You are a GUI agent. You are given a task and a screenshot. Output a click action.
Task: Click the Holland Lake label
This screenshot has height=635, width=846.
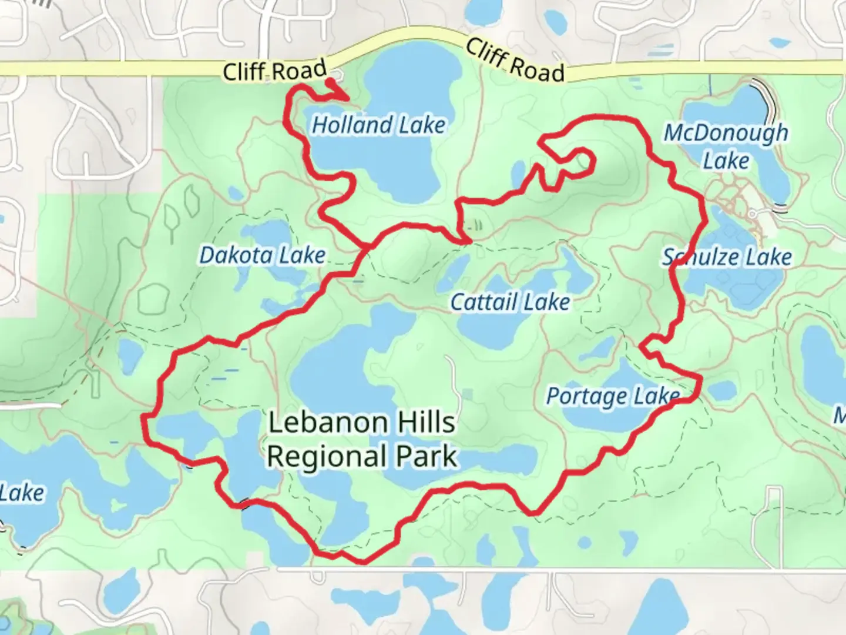378,125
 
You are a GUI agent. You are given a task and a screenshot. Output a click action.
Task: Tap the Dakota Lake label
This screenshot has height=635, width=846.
262,255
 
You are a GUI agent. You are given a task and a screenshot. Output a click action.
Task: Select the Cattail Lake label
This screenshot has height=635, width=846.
510,302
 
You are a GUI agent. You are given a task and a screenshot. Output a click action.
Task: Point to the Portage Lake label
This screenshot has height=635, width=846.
613,396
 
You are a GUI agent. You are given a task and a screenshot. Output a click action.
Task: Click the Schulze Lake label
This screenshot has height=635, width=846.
727,257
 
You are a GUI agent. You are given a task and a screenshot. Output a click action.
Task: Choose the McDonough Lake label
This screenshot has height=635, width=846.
726,146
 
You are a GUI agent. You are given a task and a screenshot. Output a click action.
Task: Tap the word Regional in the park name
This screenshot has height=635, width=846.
327,457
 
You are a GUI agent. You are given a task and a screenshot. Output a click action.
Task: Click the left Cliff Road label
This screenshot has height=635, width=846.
274,71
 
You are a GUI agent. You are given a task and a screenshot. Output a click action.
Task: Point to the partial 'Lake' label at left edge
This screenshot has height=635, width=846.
22,493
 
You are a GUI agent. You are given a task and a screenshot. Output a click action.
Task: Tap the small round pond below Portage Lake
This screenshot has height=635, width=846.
585,542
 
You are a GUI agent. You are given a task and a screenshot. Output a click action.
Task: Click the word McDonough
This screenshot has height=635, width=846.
726,133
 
